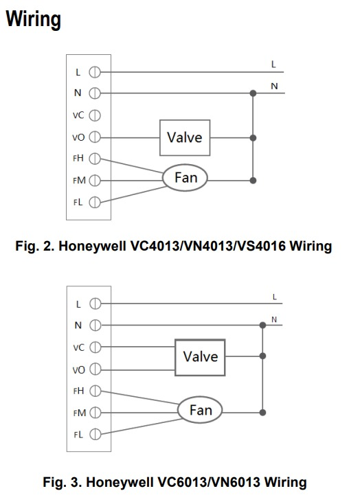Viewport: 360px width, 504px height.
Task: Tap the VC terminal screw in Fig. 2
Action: coord(95,115)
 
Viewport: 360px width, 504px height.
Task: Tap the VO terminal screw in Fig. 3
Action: coord(95,369)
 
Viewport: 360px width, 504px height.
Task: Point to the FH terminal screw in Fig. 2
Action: coord(95,159)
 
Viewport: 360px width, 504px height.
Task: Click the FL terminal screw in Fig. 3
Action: coord(95,434)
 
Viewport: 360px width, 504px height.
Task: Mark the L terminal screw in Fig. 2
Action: coord(95,72)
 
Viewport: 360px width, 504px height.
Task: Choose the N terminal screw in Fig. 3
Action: coord(95,325)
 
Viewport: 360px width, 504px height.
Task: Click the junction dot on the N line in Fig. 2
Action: coord(254,93)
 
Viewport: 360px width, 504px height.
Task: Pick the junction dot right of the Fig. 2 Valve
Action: coord(254,138)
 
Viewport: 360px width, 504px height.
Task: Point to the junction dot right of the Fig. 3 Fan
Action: coord(263,413)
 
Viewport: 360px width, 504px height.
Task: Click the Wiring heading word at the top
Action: coord(34,19)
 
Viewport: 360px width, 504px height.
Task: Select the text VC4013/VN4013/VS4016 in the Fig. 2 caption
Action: coord(208,246)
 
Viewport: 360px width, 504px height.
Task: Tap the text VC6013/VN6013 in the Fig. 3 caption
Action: coord(208,482)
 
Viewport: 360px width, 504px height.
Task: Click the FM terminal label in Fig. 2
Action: coord(79,181)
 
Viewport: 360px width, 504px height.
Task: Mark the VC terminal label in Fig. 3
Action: coord(78,347)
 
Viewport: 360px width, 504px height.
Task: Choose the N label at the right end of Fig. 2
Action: coord(274,86)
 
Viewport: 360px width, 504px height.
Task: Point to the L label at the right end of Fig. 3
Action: coord(274,297)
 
